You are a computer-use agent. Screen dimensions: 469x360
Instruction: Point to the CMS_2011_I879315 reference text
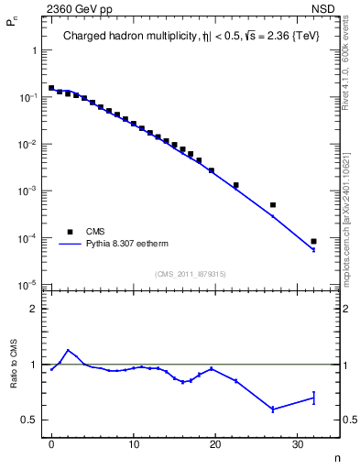191,273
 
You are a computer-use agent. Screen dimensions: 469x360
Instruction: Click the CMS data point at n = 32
313,242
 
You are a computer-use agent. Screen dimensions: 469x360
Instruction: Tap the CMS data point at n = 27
273,205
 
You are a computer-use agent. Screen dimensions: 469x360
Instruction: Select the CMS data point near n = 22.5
235,185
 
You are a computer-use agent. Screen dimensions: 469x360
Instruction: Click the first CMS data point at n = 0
51,88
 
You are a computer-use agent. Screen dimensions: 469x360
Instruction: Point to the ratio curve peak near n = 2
68,350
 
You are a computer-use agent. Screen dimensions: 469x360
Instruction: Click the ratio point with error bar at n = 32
313,398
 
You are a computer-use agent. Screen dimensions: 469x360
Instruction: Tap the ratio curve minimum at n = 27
273,409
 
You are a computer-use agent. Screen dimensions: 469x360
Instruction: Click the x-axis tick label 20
215,446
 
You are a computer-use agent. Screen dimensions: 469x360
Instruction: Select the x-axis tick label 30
297,446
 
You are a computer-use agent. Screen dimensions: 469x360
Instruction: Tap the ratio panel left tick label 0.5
32,420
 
